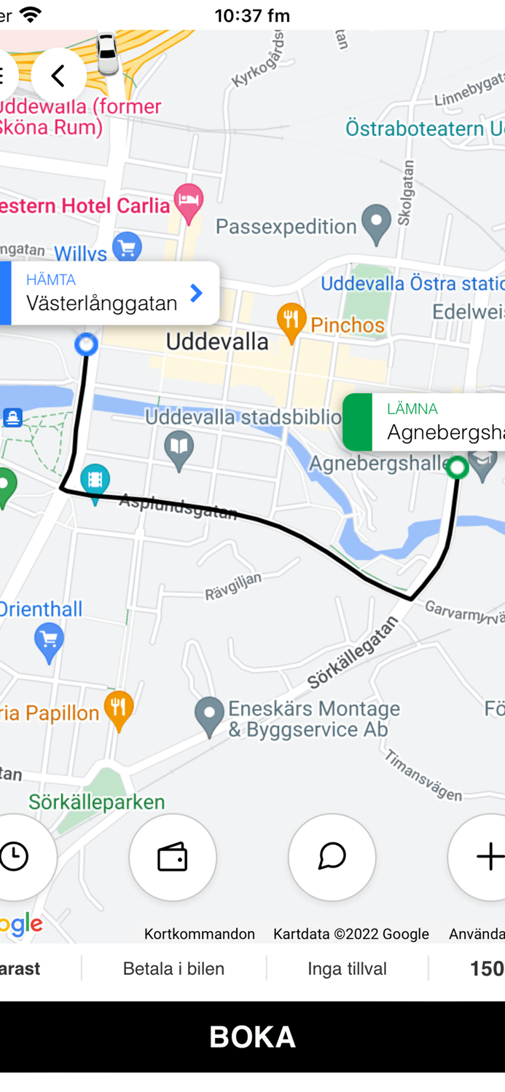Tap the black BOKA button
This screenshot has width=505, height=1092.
pos(252,1036)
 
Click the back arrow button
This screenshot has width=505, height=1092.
pos(58,75)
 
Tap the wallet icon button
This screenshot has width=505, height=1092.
pos(173,857)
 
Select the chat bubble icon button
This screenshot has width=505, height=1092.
pos(332,857)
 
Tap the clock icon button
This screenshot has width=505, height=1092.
pos(15,857)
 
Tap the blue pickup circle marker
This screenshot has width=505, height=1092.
pos(87,344)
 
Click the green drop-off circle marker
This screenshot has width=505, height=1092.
pos(458,467)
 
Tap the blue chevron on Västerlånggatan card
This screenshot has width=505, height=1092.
pos(196,293)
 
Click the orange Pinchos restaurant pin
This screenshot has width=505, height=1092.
pos(291,321)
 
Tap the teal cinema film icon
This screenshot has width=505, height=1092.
pos(95,480)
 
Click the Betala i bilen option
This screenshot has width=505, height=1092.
pos(173,968)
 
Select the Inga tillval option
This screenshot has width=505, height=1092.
pos(347,968)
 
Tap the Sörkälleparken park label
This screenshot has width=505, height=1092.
pos(97,802)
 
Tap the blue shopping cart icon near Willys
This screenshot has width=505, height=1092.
pos(128,246)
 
